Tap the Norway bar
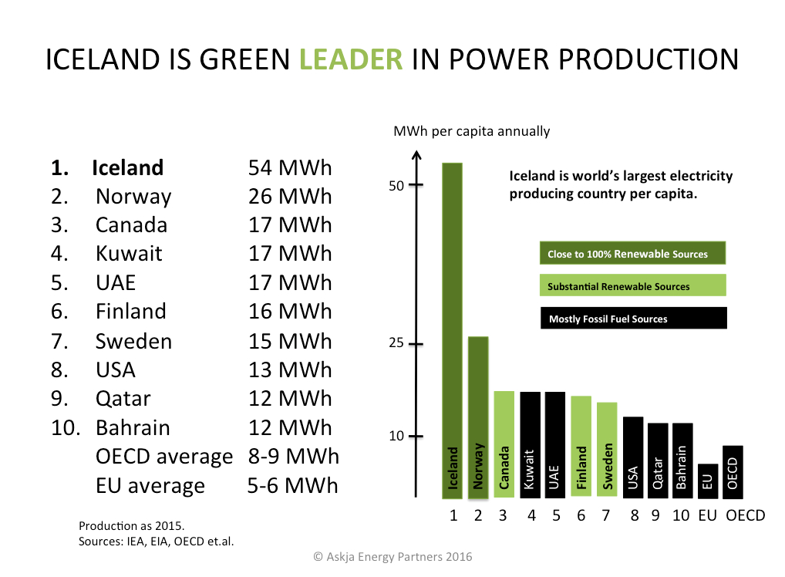(x=478, y=417)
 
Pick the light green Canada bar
(x=504, y=444)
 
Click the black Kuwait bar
(x=529, y=444)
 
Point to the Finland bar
(x=581, y=447)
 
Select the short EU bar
(x=707, y=481)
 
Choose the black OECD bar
(x=733, y=471)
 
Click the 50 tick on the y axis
(x=396, y=186)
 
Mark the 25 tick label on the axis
(x=396, y=343)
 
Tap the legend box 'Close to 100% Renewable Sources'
(x=633, y=254)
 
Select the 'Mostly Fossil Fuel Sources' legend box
(x=633, y=319)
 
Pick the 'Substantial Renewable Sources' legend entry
(x=633, y=286)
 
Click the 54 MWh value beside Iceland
(x=289, y=168)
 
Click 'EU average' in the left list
(x=150, y=486)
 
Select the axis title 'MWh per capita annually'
(x=471, y=131)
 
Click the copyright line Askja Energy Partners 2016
(x=392, y=556)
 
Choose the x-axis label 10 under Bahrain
(x=680, y=515)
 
